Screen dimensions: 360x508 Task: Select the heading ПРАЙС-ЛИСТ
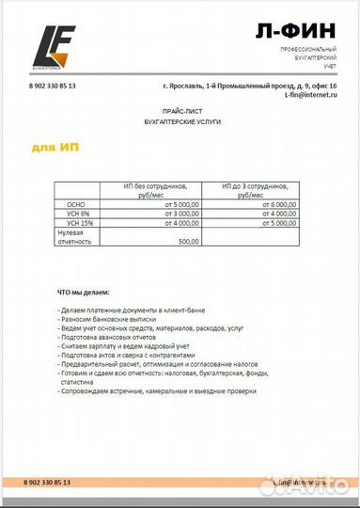click(x=181, y=112)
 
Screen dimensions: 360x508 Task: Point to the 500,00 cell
click(x=188, y=242)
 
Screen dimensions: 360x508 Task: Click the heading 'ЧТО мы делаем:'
click(x=84, y=293)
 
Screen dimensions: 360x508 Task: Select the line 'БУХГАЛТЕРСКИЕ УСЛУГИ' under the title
click(x=181, y=123)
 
